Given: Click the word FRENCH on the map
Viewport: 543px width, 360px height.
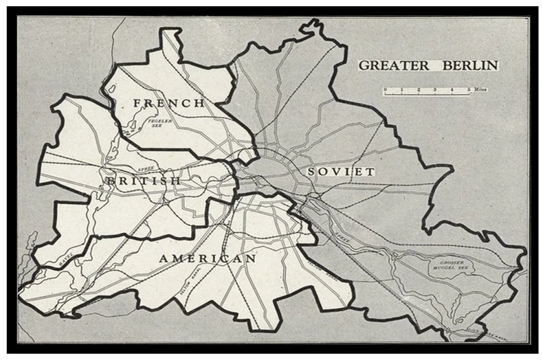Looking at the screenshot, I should (x=168, y=103).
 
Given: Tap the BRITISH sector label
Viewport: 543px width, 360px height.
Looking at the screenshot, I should (x=143, y=180).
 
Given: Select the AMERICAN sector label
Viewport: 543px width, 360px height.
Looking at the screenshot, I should (x=207, y=258).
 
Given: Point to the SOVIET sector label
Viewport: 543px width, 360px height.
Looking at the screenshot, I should (x=341, y=171).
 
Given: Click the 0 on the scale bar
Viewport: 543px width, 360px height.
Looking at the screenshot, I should (x=385, y=89).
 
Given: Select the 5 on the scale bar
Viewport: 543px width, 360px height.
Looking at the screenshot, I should (x=469, y=89).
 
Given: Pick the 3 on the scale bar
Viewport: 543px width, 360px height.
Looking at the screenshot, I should (x=435, y=89).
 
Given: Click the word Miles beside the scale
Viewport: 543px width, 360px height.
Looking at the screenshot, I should (x=480, y=90).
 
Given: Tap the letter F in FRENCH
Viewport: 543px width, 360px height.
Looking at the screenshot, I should (x=137, y=103).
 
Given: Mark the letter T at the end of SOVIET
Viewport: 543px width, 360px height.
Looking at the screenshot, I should (x=371, y=171).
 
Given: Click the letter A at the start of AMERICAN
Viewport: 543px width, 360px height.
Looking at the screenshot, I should (x=164, y=258).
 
